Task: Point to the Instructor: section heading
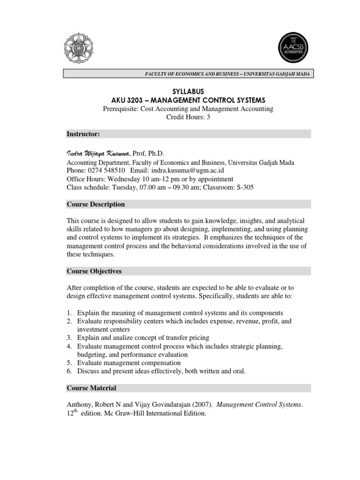coord(83,134)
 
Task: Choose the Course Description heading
coord(96,204)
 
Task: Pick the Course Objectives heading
coord(94,271)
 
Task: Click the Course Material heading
coord(91,388)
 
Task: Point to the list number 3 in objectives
coord(68,337)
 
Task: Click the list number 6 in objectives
coord(68,371)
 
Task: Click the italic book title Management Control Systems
coord(259,405)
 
